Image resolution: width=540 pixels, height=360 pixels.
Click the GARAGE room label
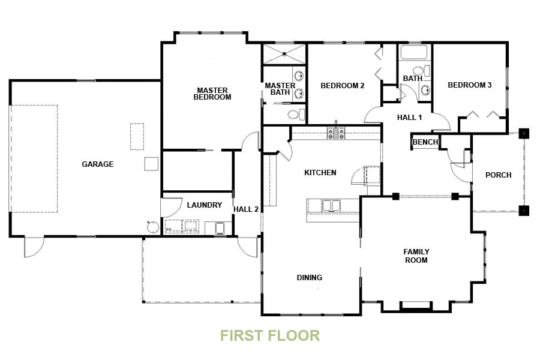tap(97, 164)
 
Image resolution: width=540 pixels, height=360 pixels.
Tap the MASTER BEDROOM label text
tap(212, 94)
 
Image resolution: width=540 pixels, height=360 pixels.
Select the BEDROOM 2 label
tap(342, 86)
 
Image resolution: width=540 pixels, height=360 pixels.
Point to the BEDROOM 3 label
tap(469, 85)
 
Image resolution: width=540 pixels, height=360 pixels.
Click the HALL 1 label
tap(409, 118)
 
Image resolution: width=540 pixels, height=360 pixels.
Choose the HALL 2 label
tap(246, 209)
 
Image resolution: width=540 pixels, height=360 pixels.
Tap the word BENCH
tap(425, 142)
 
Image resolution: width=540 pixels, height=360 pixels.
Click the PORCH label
tap(498, 175)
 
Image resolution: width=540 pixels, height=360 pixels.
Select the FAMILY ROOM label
tap(416, 256)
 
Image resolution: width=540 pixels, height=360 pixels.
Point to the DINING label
tap(309, 278)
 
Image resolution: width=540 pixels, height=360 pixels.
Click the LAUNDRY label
tap(204, 205)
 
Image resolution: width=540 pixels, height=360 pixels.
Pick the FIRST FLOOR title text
tap(270, 335)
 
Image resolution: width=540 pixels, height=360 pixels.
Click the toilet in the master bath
tap(295, 114)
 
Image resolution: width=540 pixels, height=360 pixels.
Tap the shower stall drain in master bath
tap(284, 53)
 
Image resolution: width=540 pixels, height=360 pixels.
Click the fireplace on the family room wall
tap(415, 306)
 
